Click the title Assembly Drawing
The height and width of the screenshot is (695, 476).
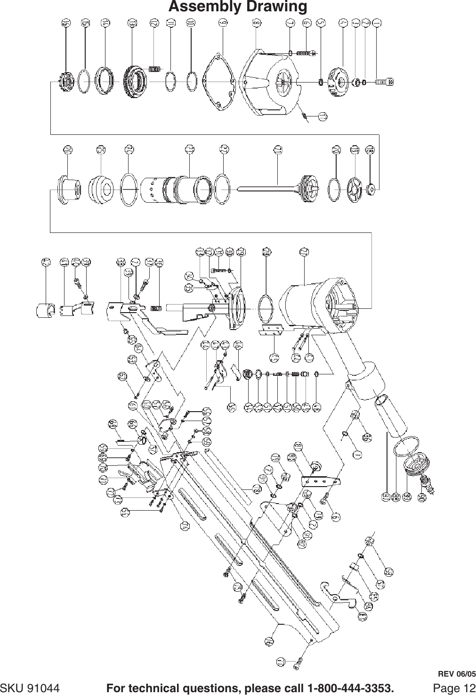[x=238, y=7]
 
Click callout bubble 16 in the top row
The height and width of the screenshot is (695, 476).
[x=67, y=23]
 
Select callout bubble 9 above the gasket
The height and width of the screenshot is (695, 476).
[x=222, y=23]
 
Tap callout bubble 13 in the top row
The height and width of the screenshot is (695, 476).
[x=133, y=23]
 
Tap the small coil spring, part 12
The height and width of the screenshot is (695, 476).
[x=154, y=69]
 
